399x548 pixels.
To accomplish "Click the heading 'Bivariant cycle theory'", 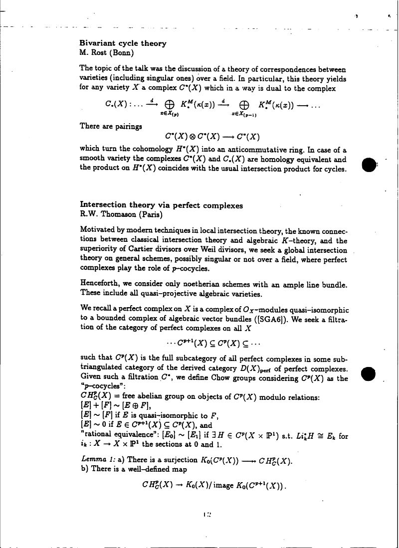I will tap(123, 43).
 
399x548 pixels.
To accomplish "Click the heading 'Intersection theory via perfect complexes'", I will tap(162, 205).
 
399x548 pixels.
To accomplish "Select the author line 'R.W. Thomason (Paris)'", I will tap(121, 215).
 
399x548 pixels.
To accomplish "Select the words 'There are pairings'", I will tap(111, 126).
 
